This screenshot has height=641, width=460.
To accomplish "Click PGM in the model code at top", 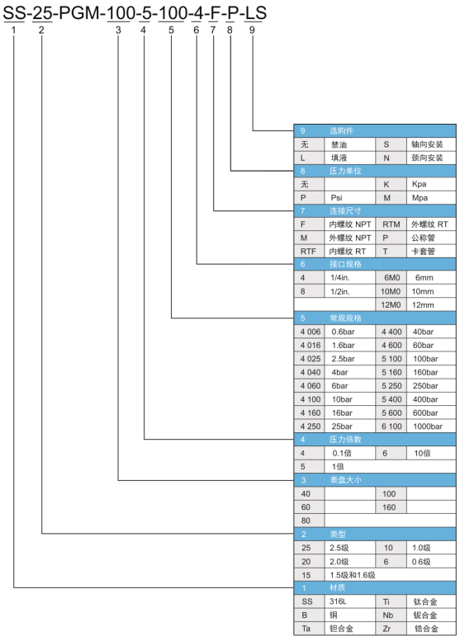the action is pyautogui.click(x=79, y=13).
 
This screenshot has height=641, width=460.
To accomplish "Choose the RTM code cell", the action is pyautogui.click(x=391, y=224).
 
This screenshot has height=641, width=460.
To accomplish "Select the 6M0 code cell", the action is pyautogui.click(x=391, y=277).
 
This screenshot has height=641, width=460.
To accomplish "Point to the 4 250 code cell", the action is pyautogui.click(x=311, y=427).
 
